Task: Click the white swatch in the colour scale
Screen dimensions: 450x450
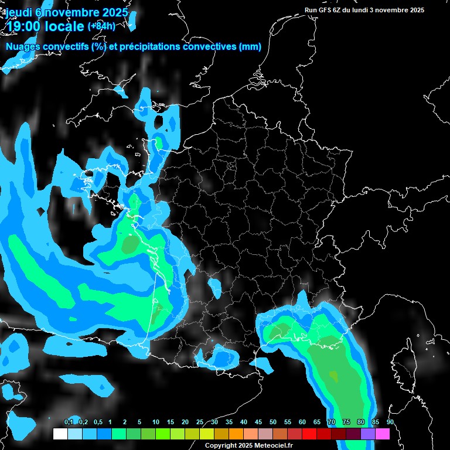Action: (x=60, y=434)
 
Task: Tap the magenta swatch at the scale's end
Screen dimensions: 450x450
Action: (x=383, y=434)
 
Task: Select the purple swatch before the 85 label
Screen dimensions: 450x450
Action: (x=368, y=434)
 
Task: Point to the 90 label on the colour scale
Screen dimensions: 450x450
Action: (x=390, y=422)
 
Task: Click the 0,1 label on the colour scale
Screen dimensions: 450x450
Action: (x=69, y=422)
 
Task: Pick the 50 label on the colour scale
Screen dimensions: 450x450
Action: (x=273, y=422)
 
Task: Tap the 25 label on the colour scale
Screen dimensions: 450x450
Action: (x=200, y=422)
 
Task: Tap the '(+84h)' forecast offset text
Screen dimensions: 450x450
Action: (x=101, y=26)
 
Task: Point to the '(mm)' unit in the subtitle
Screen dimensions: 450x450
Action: (x=250, y=47)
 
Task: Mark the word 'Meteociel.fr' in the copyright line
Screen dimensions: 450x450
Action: (x=282, y=446)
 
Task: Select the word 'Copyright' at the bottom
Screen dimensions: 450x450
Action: (x=221, y=446)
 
